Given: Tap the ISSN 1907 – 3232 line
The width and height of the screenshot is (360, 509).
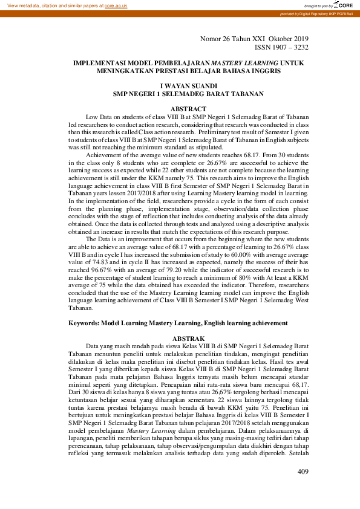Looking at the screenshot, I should tap(281, 47).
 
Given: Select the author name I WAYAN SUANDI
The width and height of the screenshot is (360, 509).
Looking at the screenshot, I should tap(188, 86).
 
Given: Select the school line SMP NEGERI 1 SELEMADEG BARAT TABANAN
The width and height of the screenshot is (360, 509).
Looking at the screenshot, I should tap(188, 94).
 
